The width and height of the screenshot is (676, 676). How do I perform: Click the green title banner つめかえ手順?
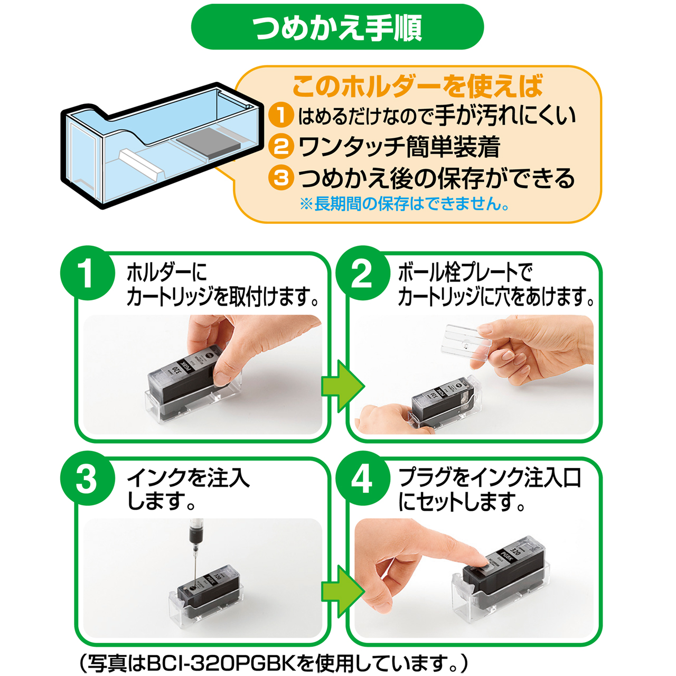[x=337, y=27]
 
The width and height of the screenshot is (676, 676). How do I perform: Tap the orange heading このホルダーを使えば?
[x=417, y=86]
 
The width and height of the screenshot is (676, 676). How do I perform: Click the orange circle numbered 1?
[x=280, y=116]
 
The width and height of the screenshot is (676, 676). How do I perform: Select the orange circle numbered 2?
[x=280, y=147]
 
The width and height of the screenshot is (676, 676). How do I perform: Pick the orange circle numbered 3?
[x=280, y=178]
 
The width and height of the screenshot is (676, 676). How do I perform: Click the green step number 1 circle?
[x=88, y=273]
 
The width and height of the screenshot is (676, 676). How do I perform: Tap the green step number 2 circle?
[x=363, y=273]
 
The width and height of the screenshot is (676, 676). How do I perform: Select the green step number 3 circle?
[x=88, y=478]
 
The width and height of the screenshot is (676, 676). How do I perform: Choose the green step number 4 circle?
[x=363, y=478]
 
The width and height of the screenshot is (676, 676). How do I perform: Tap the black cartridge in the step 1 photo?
[x=182, y=379]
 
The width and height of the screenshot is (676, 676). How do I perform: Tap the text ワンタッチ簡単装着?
[x=399, y=147]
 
